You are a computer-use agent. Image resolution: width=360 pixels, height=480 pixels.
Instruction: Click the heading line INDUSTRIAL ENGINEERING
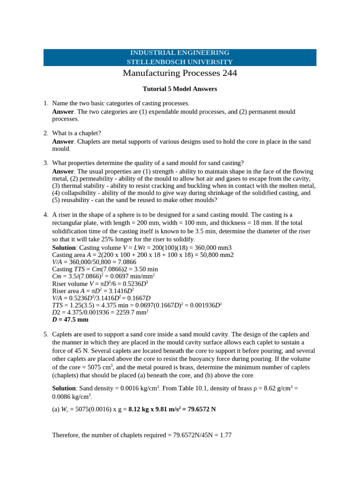[x=180, y=53]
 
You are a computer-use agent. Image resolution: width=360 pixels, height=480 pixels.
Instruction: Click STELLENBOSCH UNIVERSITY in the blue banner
[x=180, y=62]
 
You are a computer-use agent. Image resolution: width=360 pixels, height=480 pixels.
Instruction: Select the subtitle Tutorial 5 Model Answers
[x=180, y=89]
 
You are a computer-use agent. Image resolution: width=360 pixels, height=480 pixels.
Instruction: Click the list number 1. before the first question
[x=45, y=103]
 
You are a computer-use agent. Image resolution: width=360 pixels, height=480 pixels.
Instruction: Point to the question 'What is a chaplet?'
[x=76, y=133]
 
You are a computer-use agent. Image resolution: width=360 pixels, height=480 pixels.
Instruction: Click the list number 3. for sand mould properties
[x=45, y=163]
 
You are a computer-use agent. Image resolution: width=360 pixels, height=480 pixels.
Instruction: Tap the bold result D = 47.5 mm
[x=70, y=320]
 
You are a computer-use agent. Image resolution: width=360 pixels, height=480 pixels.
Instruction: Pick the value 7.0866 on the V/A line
[x=126, y=262]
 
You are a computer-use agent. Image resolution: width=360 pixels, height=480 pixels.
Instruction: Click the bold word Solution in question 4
[x=64, y=247]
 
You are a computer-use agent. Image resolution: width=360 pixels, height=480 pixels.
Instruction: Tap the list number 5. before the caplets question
[x=45, y=334]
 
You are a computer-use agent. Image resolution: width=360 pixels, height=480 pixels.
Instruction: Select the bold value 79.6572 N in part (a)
[x=200, y=409]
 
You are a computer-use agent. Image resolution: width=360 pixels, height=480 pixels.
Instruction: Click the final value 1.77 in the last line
[x=225, y=435]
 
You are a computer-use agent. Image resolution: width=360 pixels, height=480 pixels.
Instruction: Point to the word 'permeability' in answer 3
[x=96, y=179]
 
